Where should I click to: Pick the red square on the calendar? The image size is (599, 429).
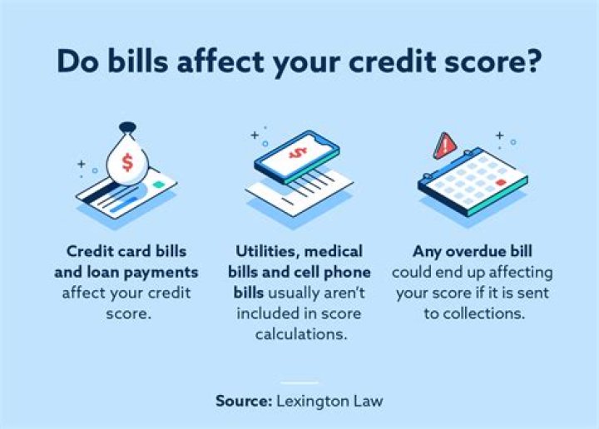tap(500, 182)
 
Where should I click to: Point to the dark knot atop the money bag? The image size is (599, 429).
tap(126, 129)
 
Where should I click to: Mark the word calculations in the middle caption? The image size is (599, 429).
tap(300, 335)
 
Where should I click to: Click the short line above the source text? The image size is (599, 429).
tap(299, 382)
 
